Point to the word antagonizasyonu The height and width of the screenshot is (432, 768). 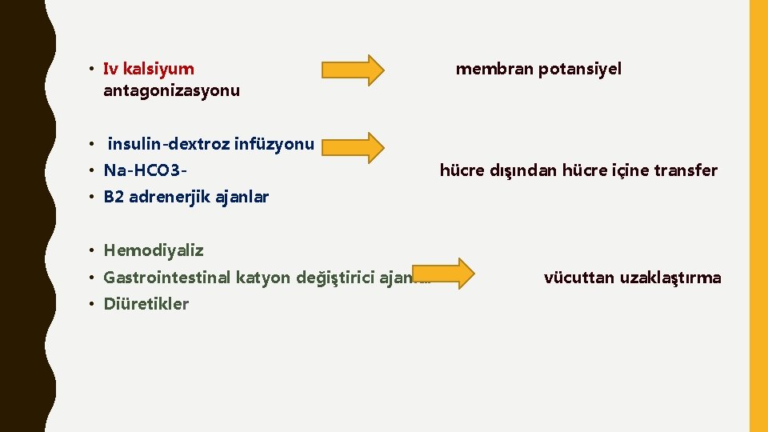tap(171, 90)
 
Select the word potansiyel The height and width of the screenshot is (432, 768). tap(580, 69)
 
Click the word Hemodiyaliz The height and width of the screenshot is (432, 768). tap(154, 250)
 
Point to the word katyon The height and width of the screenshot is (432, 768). tap(263, 278)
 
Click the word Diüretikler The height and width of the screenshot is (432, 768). tap(146, 304)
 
